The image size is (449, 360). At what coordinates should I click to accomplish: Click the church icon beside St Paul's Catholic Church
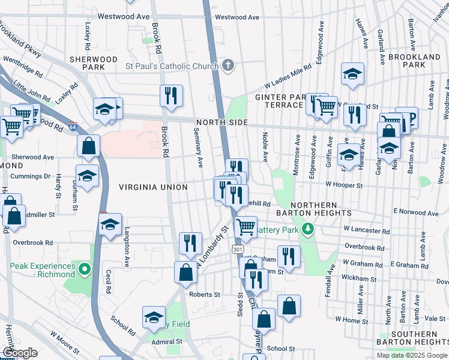[x=228, y=65]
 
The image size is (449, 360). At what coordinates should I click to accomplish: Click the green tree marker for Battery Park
[x=308, y=229]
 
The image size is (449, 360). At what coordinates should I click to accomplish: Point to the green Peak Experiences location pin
[x=85, y=269]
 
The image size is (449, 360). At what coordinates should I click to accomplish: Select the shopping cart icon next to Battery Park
[x=246, y=226]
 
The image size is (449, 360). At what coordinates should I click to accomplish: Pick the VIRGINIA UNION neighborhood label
[x=153, y=187]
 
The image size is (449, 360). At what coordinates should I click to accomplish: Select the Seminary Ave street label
[x=200, y=148]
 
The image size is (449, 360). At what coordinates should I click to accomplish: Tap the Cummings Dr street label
[x=30, y=176]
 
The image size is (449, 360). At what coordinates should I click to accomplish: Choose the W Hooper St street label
[x=344, y=185]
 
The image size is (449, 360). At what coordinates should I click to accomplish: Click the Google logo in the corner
[x=20, y=353]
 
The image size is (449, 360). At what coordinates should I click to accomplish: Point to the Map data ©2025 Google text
[x=412, y=355]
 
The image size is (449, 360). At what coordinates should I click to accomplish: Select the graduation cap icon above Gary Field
[x=154, y=316]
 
